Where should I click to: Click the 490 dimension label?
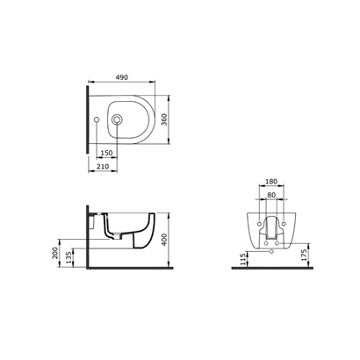[x=122, y=77]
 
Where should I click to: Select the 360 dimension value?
[x=164, y=119]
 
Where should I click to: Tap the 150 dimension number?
[x=106, y=153]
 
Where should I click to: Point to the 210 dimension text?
[x=103, y=167]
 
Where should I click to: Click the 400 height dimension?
[x=164, y=240]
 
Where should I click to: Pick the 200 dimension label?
[x=55, y=253]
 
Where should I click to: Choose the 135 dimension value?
[x=69, y=257]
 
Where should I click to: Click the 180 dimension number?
[x=271, y=182]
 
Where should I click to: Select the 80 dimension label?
[x=271, y=195]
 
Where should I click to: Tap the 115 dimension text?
[x=242, y=259]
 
